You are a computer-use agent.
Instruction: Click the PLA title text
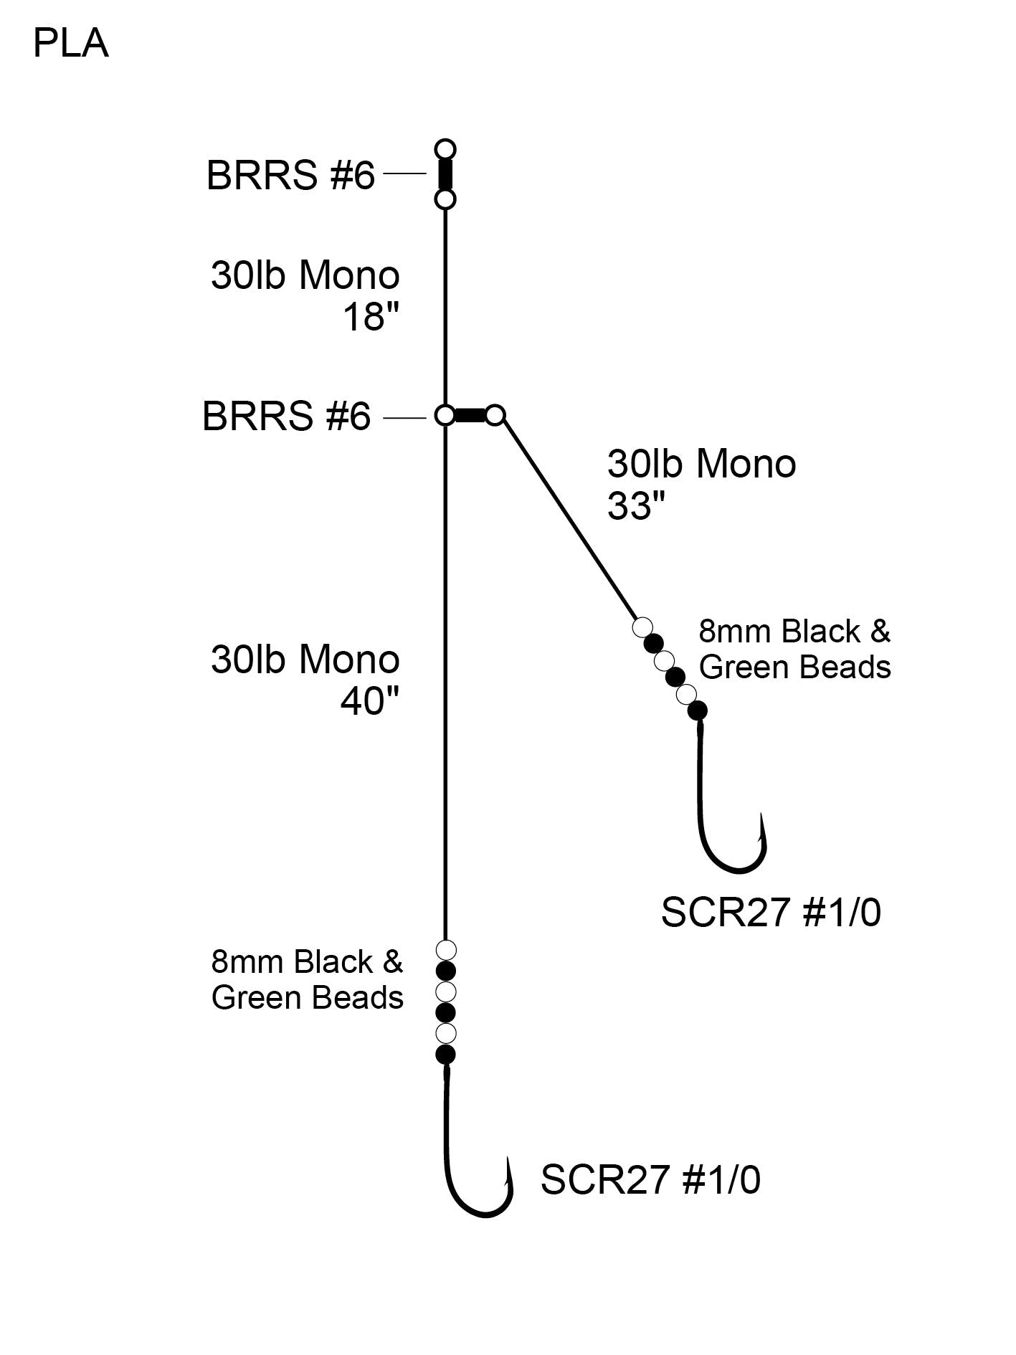tap(70, 44)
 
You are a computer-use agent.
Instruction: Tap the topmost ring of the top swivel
tap(445, 150)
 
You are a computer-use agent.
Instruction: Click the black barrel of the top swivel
tap(445, 174)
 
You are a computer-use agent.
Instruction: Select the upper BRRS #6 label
tap(290, 175)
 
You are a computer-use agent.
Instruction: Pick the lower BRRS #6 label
tap(287, 417)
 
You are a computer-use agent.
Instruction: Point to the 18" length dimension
tap(371, 316)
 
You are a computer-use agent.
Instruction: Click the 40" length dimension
tap(369, 700)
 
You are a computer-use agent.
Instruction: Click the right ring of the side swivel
tap(495, 415)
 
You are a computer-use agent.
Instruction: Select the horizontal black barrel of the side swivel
tap(470, 415)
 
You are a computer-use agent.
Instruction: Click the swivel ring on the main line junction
tap(445, 415)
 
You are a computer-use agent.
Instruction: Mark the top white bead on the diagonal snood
tap(642, 627)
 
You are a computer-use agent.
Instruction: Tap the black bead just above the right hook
tap(697, 710)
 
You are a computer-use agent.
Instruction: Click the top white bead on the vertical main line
tap(446, 951)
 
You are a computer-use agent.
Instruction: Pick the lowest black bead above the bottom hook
tap(446, 1054)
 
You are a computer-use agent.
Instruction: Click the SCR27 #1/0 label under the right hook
tap(771, 913)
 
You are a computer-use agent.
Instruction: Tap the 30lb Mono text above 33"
tap(701, 464)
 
